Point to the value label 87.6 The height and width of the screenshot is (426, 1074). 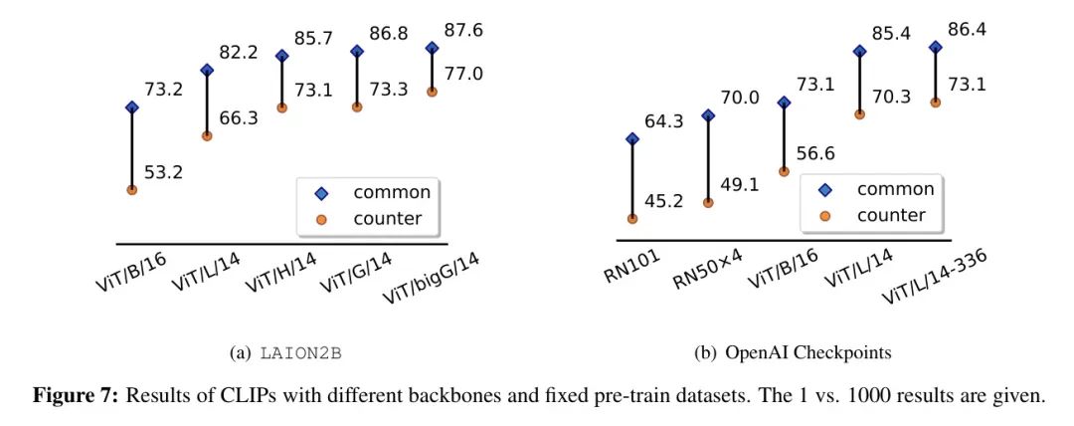[464, 31]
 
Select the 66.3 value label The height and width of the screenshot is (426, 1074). [238, 118]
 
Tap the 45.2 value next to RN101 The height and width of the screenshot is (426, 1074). [662, 201]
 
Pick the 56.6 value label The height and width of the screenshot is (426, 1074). [814, 154]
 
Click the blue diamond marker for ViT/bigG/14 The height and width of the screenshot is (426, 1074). [432, 48]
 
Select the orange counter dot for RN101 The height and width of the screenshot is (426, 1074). [632, 219]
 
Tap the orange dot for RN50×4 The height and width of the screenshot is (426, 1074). [708, 202]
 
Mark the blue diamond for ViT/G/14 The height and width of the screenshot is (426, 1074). [357, 50]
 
